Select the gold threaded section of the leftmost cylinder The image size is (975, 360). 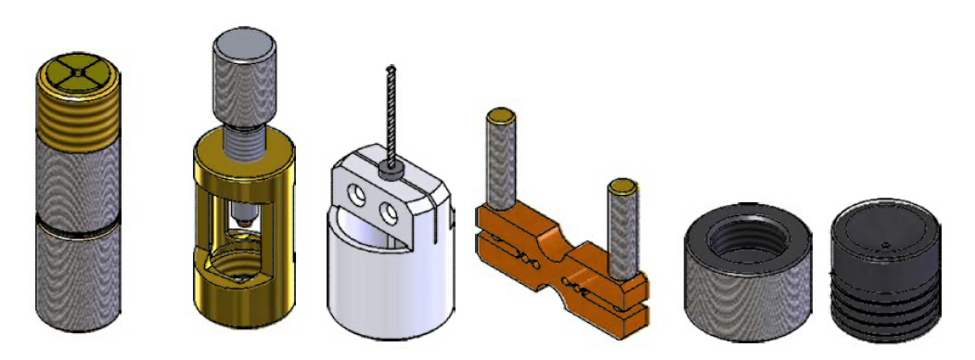click(78, 117)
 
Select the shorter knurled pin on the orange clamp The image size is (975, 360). click(622, 228)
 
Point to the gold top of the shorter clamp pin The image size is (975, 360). click(622, 186)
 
